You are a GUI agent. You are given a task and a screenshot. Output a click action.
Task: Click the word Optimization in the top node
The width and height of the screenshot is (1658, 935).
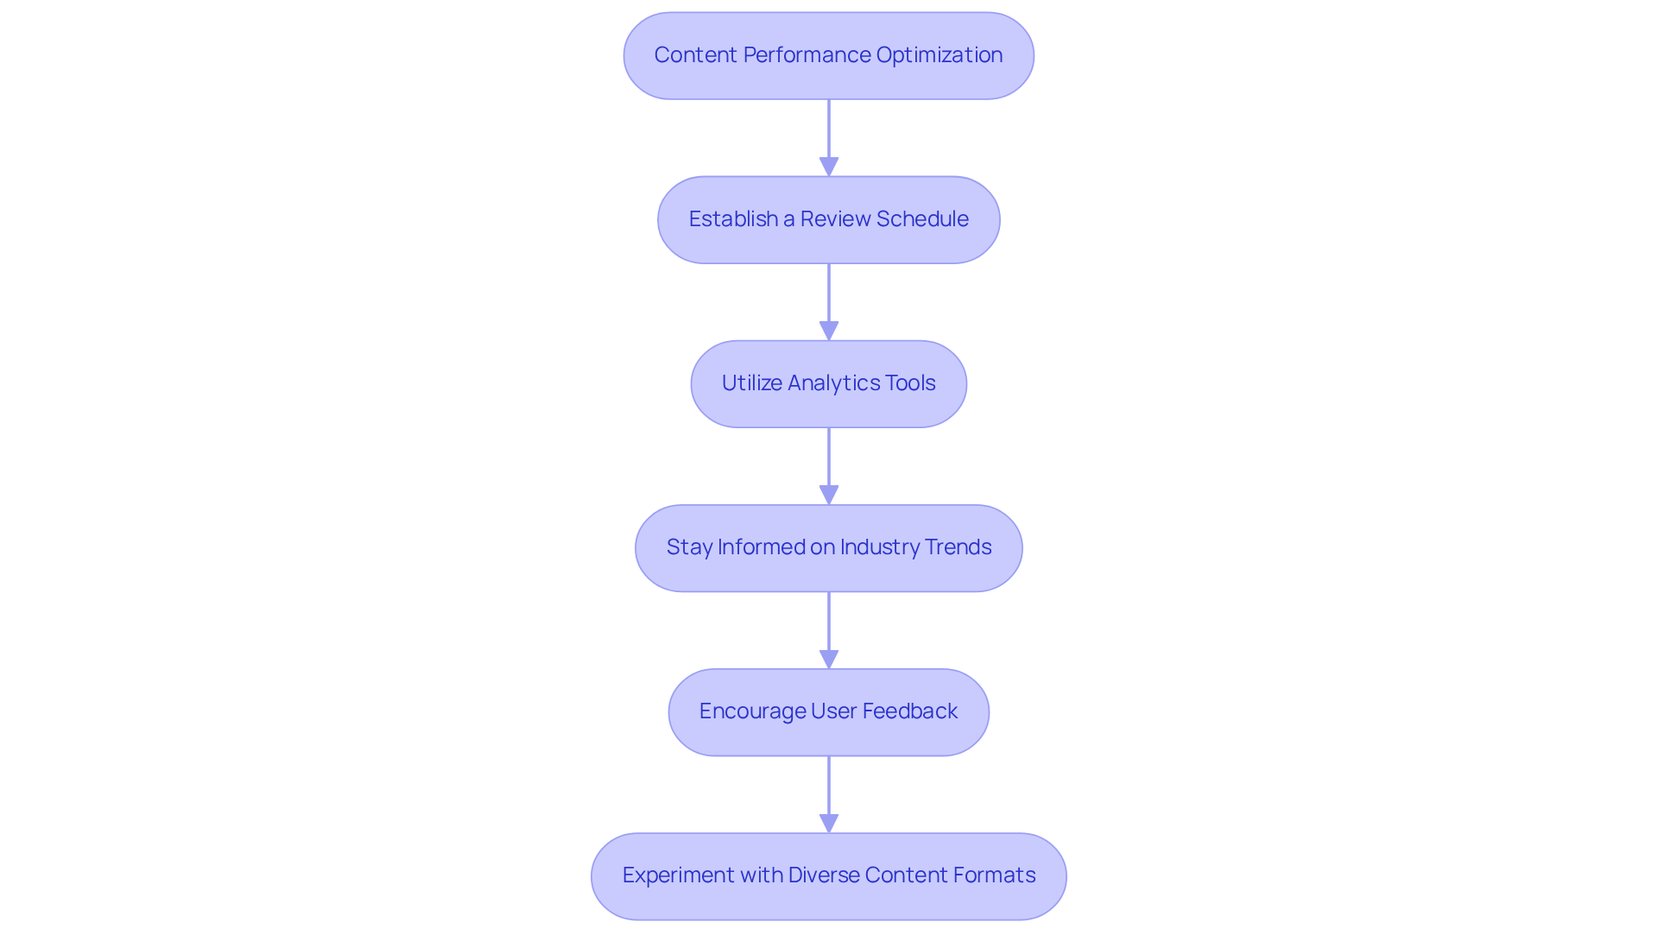939,55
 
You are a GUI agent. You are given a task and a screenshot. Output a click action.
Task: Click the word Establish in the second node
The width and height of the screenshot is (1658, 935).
733,219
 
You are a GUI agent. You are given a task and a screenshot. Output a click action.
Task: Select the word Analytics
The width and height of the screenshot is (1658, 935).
834,383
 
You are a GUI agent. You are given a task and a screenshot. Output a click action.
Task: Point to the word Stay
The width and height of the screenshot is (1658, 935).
689,547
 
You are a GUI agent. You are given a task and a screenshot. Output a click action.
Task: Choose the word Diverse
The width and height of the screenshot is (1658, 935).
824,875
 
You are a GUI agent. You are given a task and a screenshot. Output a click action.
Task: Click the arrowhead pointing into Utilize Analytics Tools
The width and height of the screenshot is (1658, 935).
829,331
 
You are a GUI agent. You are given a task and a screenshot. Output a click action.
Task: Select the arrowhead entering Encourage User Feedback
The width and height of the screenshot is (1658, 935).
829,659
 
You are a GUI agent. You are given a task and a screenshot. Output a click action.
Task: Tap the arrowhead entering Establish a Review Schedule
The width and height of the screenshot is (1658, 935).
829,167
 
